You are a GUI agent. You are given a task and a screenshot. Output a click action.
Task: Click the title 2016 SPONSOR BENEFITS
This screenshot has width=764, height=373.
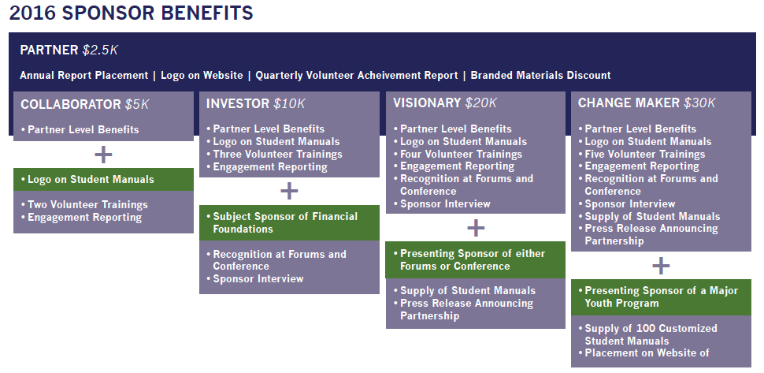[x=131, y=13]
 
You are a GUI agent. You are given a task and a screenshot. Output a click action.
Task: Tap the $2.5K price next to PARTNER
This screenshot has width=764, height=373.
[x=100, y=50]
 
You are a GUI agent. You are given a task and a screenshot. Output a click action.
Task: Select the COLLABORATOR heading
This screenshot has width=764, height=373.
[x=71, y=104]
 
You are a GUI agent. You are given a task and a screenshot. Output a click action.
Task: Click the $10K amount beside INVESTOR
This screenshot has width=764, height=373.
[x=289, y=103]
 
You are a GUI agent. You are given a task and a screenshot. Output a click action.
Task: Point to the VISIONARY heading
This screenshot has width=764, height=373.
[x=427, y=103]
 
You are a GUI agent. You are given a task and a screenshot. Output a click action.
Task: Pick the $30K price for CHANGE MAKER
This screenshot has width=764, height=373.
[x=699, y=103]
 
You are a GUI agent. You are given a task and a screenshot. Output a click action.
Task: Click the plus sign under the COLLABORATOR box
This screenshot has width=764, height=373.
[x=103, y=155]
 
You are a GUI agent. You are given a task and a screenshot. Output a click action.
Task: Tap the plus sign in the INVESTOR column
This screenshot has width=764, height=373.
[x=289, y=191]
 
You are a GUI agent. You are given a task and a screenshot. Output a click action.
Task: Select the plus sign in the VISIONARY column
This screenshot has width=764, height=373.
[x=476, y=228]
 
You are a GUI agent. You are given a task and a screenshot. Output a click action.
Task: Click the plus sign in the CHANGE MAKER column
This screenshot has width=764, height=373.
[x=661, y=266]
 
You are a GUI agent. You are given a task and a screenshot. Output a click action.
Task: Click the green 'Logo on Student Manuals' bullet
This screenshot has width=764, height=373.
[x=103, y=180]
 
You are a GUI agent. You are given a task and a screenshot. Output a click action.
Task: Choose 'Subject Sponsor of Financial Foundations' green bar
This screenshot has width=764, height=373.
[x=289, y=223]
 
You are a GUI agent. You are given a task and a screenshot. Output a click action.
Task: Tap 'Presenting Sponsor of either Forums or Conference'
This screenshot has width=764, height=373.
[x=476, y=260]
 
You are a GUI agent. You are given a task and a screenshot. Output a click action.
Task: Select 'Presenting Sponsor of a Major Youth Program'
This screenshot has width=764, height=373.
[x=661, y=297]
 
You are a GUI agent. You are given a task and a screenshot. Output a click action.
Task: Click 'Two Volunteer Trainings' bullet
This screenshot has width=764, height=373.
[x=84, y=205]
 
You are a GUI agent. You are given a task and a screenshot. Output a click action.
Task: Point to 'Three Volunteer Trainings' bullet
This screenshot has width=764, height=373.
[x=274, y=155]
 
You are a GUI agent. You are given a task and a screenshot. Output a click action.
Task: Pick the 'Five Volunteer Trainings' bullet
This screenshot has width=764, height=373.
[x=642, y=155]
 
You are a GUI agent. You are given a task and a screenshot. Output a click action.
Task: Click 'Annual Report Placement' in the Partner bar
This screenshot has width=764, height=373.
[x=83, y=76]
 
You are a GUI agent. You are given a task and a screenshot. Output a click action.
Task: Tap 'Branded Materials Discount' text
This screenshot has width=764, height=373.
[x=540, y=76]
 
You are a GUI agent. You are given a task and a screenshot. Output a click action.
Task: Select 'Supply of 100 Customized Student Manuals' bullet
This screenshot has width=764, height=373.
[x=648, y=334]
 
